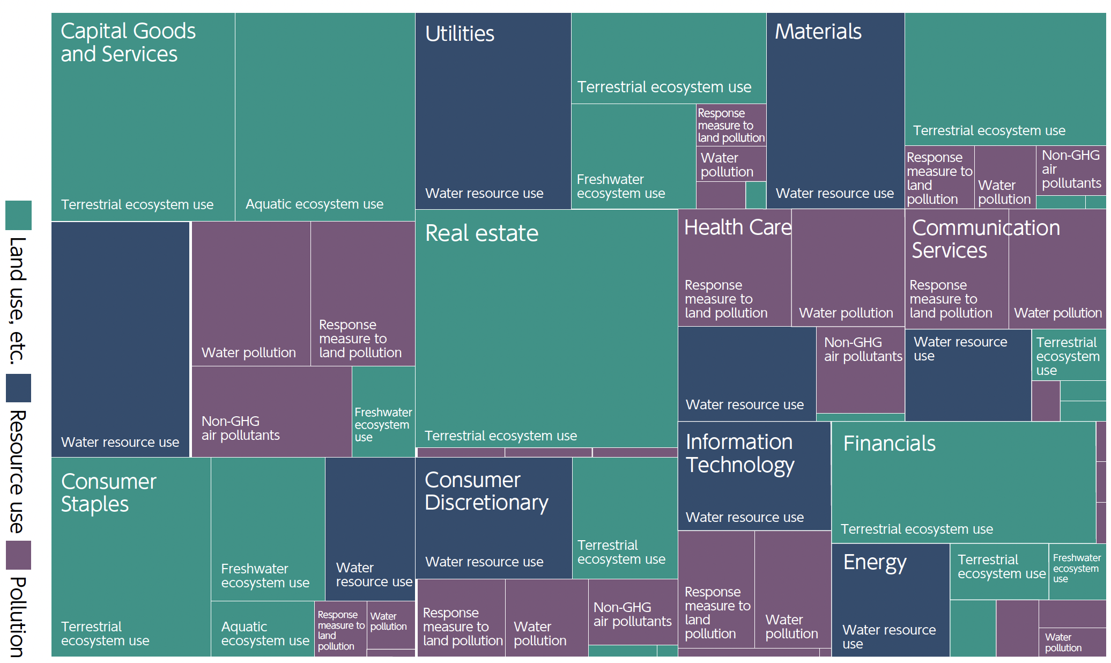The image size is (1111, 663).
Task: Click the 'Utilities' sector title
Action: click(x=460, y=34)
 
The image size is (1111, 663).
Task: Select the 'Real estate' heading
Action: click(x=481, y=233)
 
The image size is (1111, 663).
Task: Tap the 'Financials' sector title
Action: click(x=889, y=444)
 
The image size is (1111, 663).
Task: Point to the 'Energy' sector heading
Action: click(x=875, y=562)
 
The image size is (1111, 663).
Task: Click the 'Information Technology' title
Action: click(x=739, y=453)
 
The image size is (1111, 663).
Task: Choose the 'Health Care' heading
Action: click(x=737, y=227)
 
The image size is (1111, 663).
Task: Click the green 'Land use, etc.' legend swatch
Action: click(x=18, y=215)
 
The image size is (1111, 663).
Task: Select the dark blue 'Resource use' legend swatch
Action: click(x=18, y=388)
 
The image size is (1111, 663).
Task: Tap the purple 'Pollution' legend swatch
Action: click(x=18, y=555)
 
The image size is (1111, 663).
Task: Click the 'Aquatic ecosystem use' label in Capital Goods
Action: click(x=314, y=204)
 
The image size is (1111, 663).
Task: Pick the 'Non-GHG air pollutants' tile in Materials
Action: click(x=1070, y=170)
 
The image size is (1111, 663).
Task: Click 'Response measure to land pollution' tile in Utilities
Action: click(x=730, y=125)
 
